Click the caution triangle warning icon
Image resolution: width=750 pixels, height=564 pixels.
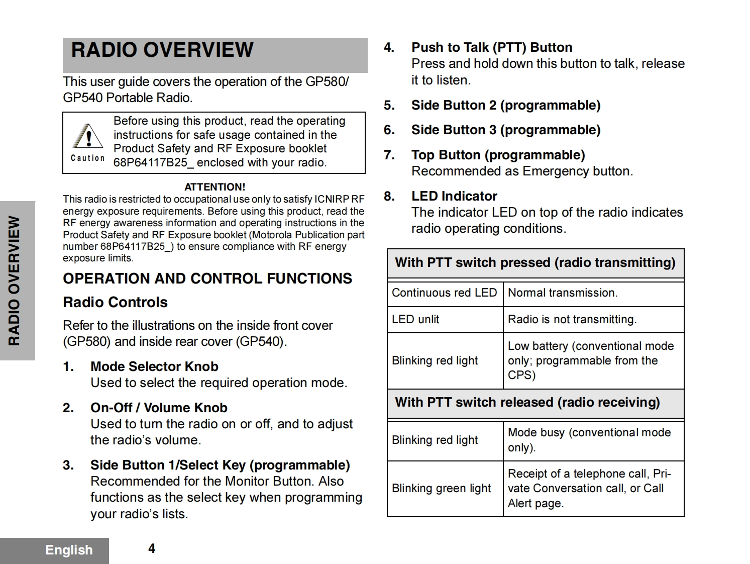[88, 136]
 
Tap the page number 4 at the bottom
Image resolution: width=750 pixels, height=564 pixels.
[152, 548]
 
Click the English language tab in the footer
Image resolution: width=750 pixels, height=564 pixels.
[69, 550]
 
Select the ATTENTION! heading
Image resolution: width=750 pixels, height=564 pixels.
[215, 187]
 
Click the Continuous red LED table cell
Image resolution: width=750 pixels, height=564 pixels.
[444, 293]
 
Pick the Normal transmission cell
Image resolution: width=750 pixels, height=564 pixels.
[563, 293]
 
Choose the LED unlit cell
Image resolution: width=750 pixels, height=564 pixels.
[415, 319]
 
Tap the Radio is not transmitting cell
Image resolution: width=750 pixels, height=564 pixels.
[572, 319]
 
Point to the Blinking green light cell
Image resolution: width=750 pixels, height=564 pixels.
[441, 488]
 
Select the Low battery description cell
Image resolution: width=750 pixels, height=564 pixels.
[591, 360]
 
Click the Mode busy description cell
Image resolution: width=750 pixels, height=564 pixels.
[589, 440]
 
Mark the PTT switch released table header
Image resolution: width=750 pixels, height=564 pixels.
[527, 402]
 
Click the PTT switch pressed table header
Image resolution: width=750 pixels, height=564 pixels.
[535, 262]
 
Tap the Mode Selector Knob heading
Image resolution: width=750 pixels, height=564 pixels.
[154, 366]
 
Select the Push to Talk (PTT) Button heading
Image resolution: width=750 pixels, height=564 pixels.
[492, 47]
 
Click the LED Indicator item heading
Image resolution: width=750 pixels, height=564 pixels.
[454, 196]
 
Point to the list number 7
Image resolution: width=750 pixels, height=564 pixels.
[389, 155]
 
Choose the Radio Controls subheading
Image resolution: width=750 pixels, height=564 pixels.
[115, 302]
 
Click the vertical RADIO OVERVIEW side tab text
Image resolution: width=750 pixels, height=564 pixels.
[15, 280]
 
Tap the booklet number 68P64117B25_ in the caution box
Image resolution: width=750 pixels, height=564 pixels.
[153, 163]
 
